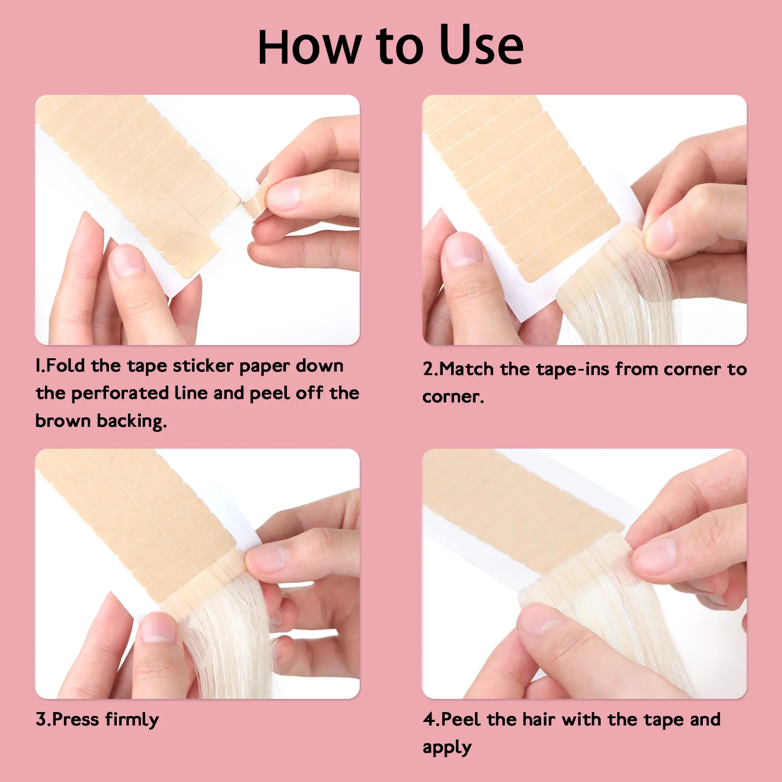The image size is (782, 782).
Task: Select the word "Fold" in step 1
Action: pos(65,366)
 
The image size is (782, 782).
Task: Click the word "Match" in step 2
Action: pos(467,369)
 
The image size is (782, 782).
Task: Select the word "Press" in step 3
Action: pos(76,719)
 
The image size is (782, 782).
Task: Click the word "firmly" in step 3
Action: pos(132,720)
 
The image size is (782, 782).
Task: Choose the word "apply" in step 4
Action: pos(447,748)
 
